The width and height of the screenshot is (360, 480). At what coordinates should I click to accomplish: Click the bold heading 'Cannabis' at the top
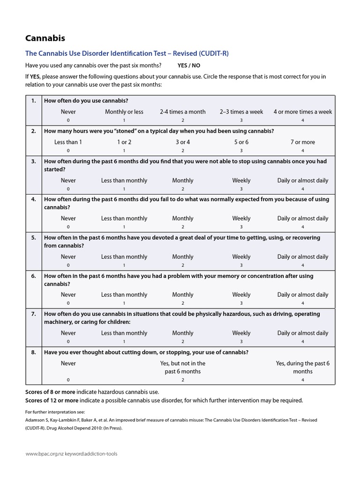click(45, 38)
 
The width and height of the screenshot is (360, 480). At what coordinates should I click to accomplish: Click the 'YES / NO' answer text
click(189, 66)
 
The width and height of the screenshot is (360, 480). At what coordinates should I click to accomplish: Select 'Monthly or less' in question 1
click(124, 112)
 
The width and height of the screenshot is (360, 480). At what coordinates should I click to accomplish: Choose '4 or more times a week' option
click(302, 112)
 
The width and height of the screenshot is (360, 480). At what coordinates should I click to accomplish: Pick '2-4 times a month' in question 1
click(182, 112)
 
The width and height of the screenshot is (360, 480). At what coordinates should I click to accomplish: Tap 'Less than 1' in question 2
click(68, 142)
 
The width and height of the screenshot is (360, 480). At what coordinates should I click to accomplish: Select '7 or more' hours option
click(302, 142)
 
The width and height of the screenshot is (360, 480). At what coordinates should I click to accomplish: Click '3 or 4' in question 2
click(182, 142)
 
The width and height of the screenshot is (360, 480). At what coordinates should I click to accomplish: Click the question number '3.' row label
click(33, 161)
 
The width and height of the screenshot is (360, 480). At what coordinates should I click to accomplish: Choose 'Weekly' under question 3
click(241, 180)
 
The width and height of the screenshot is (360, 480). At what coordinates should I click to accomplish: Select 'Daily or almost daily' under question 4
click(302, 218)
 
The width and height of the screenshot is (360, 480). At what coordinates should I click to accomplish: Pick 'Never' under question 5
click(68, 257)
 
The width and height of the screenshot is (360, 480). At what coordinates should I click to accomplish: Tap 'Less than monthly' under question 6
click(124, 295)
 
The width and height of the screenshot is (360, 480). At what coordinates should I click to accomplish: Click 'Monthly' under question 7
click(182, 333)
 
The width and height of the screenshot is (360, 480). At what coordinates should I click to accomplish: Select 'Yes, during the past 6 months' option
click(302, 367)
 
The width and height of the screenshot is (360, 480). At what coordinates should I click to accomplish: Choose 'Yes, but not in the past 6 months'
click(182, 367)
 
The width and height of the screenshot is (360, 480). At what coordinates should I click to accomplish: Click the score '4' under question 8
click(302, 380)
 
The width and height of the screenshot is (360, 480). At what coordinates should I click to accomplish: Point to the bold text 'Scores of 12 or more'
click(51, 400)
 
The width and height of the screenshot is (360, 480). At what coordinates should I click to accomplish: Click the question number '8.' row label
click(33, 352)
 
